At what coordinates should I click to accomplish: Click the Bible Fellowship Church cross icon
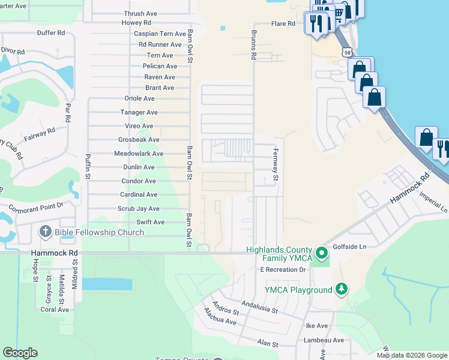coord(45,232)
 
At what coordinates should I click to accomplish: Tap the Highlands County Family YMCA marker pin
coord(322,253)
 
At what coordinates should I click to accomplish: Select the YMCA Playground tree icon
coord(342,290)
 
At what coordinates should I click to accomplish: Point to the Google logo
coord(20,353)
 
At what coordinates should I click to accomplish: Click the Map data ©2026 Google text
coord(412,355)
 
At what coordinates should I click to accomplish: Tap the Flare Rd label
coord(283,24)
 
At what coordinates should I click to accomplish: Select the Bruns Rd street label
coord(254,45)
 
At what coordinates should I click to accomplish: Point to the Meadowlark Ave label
coord(139,154)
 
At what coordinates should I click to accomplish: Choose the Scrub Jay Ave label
coord(139,209)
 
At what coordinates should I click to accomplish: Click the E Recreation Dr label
coord(283,270)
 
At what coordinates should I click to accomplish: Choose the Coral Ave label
coord(55,310)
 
